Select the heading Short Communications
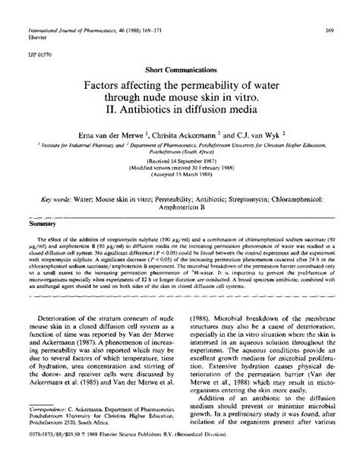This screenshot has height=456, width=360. pyautogui.click(x=179, y=69)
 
